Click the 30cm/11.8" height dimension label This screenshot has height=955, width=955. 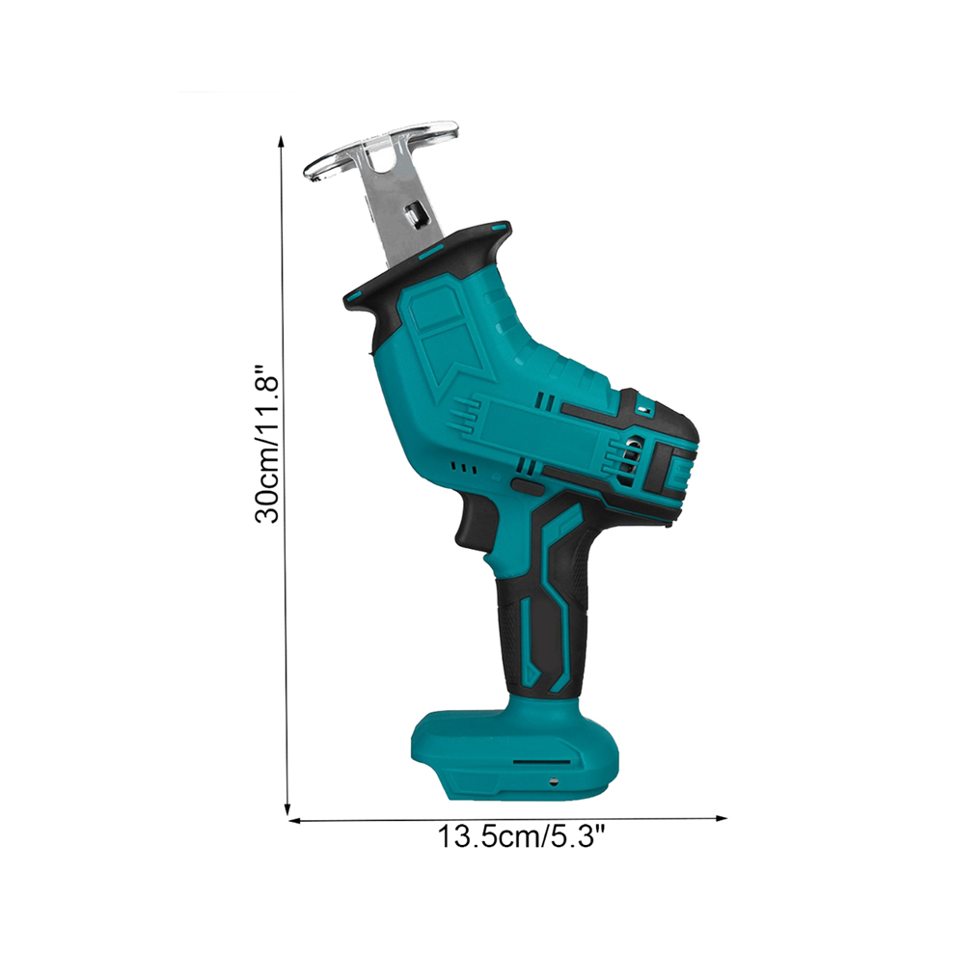coord(267,444)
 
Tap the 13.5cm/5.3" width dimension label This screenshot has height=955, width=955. coord(522,836)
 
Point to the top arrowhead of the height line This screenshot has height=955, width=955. coord(281,141)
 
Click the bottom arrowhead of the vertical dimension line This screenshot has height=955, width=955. coord(286,807)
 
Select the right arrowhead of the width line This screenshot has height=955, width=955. coord(722,818)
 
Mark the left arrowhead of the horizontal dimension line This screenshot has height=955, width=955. coord(295,820)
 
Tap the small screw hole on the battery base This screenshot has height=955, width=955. coord(553,782)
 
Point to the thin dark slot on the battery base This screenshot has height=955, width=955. coord(542,761)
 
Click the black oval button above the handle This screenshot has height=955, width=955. coord(528,485)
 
